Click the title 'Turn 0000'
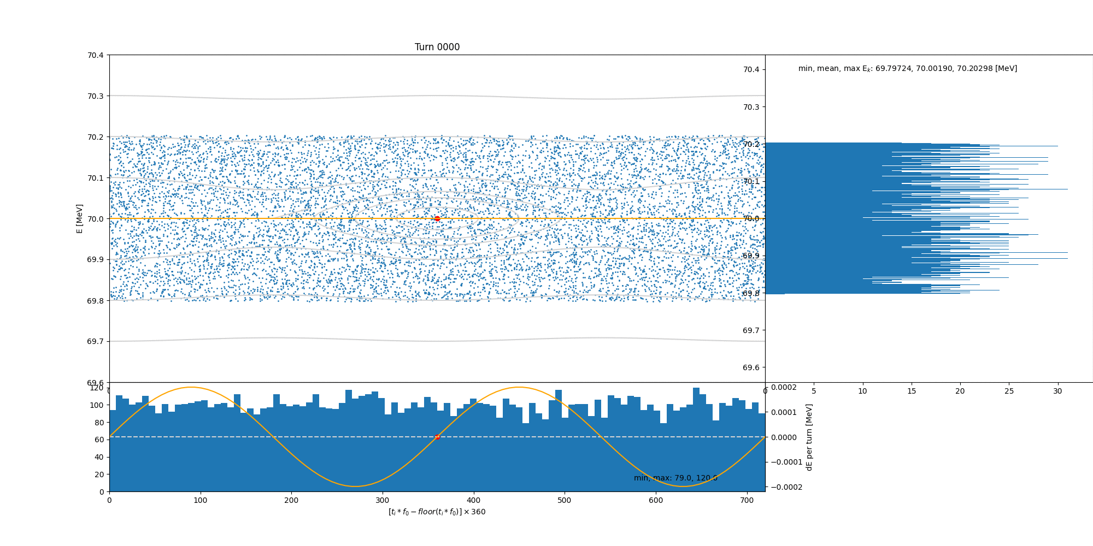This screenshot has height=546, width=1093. (437, 47)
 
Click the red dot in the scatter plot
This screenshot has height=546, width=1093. (437, 218)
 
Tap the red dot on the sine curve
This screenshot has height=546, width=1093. (437, 437)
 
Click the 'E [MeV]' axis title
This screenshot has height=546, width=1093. (80, 218)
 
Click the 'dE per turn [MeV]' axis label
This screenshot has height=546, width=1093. (809, 437)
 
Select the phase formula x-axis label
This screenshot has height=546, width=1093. (437, 512)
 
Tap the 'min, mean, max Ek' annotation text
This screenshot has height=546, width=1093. (907, 69)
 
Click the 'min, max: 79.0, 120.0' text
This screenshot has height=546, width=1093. (675, 478)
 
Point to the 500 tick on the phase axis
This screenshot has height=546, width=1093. (565, 500)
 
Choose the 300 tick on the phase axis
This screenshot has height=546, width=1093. (383, 500)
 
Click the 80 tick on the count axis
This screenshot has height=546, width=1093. (99, 423)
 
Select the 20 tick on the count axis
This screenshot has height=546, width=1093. (99, 474)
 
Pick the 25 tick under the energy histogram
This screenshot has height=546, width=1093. (1009, 391)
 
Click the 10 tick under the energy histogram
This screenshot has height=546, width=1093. (862, 391)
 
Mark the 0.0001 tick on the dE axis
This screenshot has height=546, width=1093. (784, 412)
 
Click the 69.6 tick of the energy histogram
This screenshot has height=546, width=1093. (751, 367)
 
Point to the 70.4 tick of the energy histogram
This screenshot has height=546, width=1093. (751, 69)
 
